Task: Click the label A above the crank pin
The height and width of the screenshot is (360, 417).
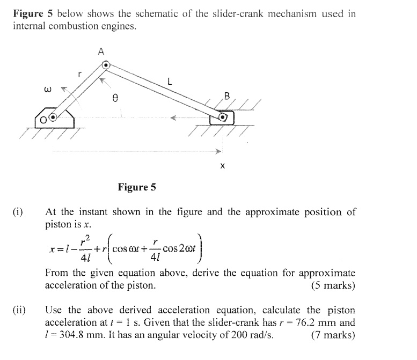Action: pos(100,52)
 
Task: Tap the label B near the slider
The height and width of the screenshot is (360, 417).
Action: pos(226,97)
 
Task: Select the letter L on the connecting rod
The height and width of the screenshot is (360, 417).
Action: pos(170,82)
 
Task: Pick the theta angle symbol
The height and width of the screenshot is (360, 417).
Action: pos(114,99)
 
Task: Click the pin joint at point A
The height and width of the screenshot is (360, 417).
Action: pos(106,65)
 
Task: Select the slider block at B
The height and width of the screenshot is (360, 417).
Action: pos(222,117)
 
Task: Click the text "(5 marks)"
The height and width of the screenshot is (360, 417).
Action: pos(333,285)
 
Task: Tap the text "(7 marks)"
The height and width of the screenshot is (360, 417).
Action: pos(333,335)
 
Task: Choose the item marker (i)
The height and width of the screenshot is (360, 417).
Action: pos(18,212)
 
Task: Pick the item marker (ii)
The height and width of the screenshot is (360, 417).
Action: pos(20,310)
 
